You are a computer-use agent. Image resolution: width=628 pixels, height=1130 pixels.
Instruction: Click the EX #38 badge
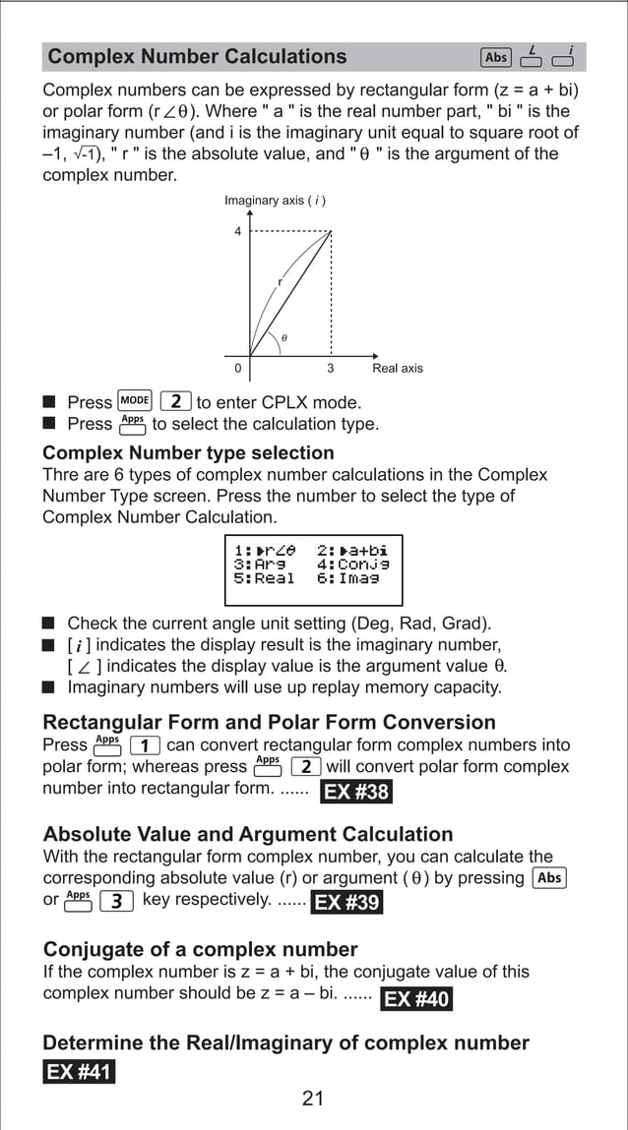[355, 792]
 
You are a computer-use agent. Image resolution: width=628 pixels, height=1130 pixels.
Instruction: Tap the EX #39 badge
[346, 902]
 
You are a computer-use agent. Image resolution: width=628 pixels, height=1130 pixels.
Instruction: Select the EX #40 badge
[415, 999]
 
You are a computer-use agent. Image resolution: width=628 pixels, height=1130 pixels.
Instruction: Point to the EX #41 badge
[79, 1071]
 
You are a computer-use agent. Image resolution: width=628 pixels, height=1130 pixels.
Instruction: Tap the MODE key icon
[134, 401]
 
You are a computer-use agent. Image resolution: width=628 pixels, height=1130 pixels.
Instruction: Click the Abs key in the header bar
[496, 57]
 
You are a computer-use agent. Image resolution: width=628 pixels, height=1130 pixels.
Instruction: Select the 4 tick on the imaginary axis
[237, 232]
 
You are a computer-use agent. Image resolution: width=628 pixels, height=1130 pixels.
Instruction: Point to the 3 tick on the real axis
[331, 369]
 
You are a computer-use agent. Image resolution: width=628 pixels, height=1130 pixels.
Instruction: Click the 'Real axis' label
[398, 369]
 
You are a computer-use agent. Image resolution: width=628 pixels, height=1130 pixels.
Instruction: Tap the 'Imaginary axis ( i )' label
[275, 201]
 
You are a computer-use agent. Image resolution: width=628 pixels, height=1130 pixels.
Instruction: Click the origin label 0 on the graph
[237, 369]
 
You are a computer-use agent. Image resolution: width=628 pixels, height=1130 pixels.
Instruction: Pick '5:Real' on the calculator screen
[264, 578]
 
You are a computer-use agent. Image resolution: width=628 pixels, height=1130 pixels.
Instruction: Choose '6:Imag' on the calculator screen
[347, 578]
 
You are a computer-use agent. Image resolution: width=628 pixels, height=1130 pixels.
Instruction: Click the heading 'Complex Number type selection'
[188, 453]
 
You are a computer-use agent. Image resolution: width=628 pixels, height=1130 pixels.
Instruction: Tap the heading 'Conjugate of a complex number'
[200, 950]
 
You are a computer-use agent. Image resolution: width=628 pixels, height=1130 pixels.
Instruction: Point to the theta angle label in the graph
[284, 337]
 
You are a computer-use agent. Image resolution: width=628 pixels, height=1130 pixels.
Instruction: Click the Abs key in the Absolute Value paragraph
[549, 877]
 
